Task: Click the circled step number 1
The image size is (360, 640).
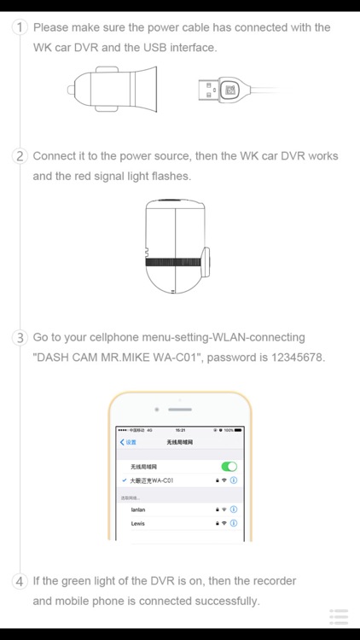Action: tap(20, 27)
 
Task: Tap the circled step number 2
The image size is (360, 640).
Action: tap(20, 156)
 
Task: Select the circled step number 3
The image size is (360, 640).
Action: tap(20, 337)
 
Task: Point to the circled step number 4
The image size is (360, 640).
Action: tap(20, 581)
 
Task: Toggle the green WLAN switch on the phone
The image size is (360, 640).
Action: tap(229, 467)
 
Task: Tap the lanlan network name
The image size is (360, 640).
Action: tap(137, 509)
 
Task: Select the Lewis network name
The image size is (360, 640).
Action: tap(137, 522)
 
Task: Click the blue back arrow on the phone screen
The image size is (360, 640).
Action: tap(122, 442)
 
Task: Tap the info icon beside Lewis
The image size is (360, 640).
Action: tap(234, 522)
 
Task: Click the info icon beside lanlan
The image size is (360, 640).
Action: tap(234, 509)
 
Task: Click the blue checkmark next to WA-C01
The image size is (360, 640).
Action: tap(125, 480)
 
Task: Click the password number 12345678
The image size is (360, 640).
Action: tap(295, 357)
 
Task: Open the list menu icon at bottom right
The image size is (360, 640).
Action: tap(339, 616)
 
